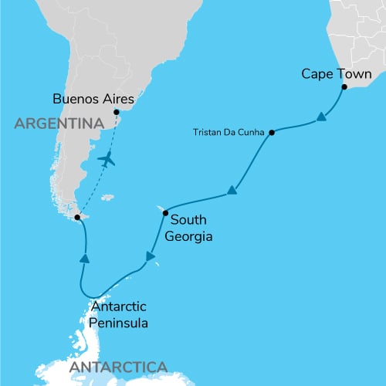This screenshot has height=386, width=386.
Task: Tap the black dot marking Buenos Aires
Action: click(116, 113)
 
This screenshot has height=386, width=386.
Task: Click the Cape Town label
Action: click(337, 75)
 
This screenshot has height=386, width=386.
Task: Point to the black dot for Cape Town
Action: click(344, 88)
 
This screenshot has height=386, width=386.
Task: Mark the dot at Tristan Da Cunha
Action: click(272, 132)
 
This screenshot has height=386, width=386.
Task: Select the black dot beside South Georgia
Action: click(165, 211)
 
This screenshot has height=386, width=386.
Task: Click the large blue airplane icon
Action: click(107, 159)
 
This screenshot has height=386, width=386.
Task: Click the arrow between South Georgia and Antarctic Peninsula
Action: click(151, 256)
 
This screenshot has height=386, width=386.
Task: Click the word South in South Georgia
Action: click(187, 218)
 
